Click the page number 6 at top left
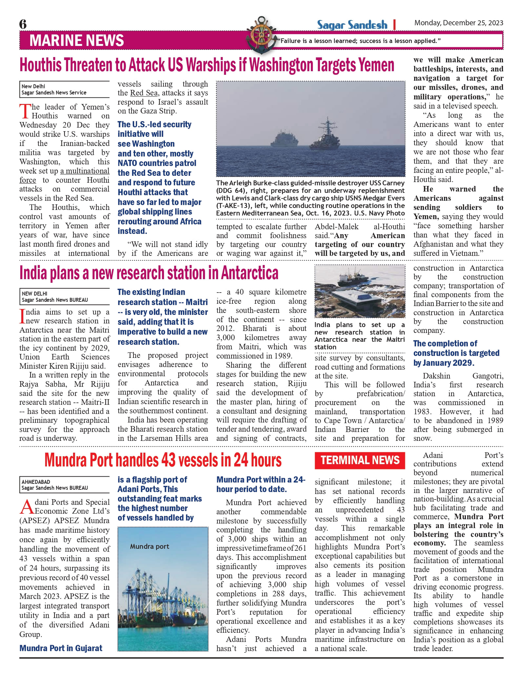(x=23, y=24)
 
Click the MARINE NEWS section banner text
(x=77, y=41)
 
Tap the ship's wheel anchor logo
(x=261, y=35)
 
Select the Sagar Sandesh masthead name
(x=352, y=25)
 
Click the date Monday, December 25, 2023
(x=458, y=23)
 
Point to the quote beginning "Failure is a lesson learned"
(x=359, y=41)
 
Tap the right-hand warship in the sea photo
(x=326, y=137)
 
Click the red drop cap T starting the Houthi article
(x=25, y=111)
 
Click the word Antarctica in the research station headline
(x=250, y=273)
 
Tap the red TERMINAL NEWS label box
(x=360, y=460)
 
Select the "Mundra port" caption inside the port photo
(x=150, y=546)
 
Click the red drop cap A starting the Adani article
(x=27, y=507)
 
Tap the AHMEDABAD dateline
(x=36, y=482)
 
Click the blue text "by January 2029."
(x=444, y=363)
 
